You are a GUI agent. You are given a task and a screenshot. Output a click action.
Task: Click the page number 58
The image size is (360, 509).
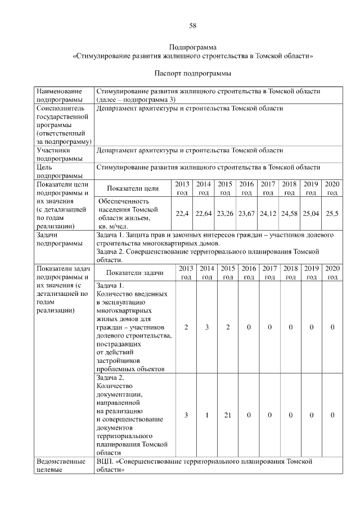192,26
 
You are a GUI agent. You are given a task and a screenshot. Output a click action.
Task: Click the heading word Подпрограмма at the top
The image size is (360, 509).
192,47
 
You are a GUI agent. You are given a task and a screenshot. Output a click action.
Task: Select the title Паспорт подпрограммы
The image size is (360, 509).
192,74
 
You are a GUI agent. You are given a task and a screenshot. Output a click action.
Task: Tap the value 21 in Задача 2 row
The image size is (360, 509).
228,415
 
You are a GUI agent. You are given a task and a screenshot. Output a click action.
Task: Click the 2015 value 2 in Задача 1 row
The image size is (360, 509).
228,327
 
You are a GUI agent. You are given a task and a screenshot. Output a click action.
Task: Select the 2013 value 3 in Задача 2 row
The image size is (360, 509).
186,415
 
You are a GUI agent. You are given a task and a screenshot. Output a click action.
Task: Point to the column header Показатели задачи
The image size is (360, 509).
135,273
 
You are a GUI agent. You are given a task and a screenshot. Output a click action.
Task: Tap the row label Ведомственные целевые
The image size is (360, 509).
61,466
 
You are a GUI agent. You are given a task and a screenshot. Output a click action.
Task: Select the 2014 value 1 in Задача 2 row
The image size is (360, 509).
207,415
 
